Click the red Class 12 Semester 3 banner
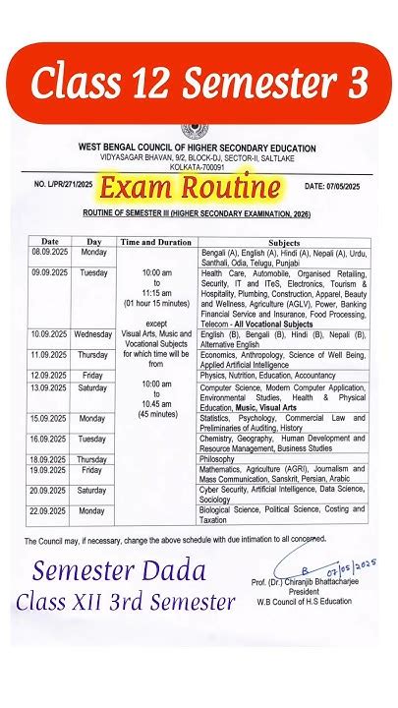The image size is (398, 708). [x=199, y=83]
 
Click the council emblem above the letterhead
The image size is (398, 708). [x=199, y=130]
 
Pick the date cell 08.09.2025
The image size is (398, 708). [x=48, y=252]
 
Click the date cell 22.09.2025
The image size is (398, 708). [x=48, y=511]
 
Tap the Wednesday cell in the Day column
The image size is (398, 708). [x=93, y=334]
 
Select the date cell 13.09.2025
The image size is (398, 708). [x=48, y=388]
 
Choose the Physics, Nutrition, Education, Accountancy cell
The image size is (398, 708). [x=268, y=375]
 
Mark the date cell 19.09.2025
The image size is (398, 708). [x=48, y=471]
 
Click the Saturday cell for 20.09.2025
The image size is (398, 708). [x=93, y=489]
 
